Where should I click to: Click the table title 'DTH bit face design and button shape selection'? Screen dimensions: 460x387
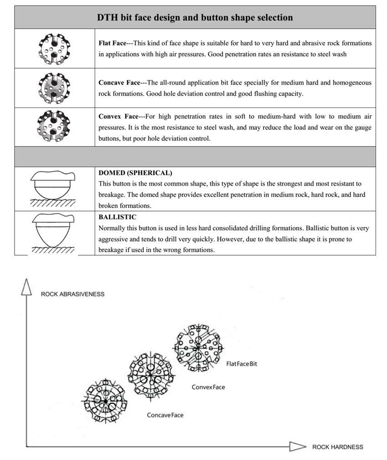click(195, 18)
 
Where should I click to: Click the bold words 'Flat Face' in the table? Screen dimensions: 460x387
click(112, 43)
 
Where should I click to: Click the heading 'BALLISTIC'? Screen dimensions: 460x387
click(117, 217)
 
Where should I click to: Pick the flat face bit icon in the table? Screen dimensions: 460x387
click(54, 48)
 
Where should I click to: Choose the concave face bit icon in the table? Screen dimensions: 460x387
click(54, 88)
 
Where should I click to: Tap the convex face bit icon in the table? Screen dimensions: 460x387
click(54, 126)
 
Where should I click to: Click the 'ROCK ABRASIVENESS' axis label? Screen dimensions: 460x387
click(72, 294)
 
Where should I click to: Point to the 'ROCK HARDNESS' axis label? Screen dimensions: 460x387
click(337, 447)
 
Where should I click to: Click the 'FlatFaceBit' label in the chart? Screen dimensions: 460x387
click(241, 364)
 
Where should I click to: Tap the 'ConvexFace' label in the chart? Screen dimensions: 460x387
click(208, 387)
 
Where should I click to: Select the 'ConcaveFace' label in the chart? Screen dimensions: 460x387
click(165, 415)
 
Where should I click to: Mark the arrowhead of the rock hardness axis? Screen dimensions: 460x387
click(298, 446)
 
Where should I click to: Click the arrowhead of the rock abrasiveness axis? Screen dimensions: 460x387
click(26, 287)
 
